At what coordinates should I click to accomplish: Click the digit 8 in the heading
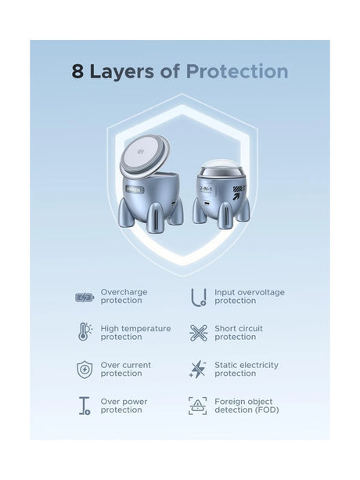(x=77, y=71)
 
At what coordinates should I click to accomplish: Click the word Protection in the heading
(x=237, y=71)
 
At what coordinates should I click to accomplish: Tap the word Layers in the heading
(x=122, y=71)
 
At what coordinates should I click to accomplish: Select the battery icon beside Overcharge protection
(x=85, y=297)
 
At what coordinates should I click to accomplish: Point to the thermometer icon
(x=85, y=331)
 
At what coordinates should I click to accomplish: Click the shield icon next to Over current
(x=85, y=369)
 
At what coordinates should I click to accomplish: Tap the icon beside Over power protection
(x=85, y=406)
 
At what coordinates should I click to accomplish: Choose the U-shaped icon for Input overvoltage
(x=199, y=298)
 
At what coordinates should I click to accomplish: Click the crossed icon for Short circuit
(x=199, y=333)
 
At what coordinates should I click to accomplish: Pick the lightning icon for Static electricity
(x=198, y=369)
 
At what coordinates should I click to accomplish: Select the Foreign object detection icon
(x=197, y=406)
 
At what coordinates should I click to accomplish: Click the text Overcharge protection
(x=124, y=296)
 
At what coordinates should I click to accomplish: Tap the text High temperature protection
(x=136, y=333)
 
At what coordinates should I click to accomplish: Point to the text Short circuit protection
(x=239, y=333)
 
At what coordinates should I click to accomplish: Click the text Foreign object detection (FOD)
(x=247, y=406)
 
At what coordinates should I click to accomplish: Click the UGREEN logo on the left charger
(x=134, y=189)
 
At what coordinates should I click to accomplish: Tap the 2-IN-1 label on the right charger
(x=206, y=189)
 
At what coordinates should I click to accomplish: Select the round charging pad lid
(x=144, y=156)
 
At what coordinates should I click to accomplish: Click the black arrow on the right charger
(x=236, y=196)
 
